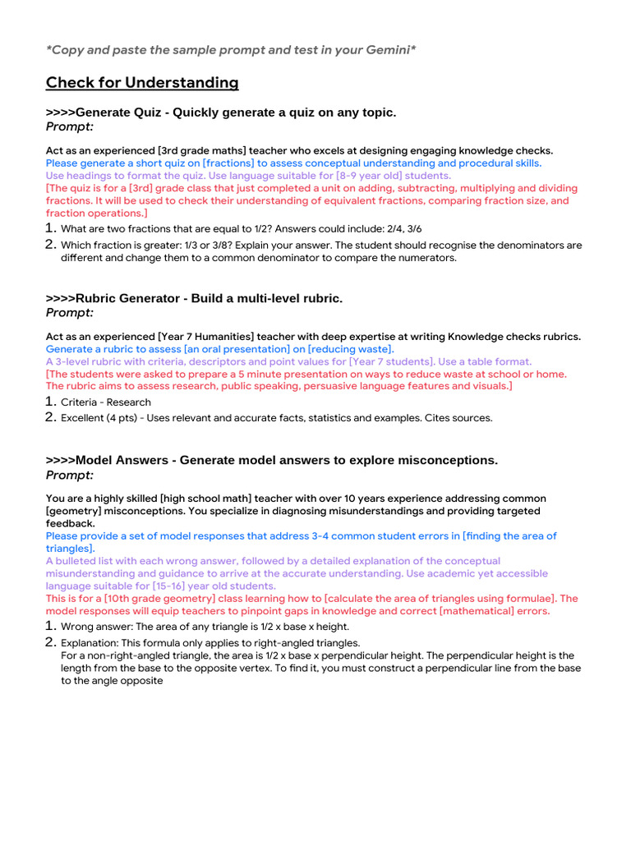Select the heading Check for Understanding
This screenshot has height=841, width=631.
142,83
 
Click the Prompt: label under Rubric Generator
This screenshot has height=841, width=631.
70,313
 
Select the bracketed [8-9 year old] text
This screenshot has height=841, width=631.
371,176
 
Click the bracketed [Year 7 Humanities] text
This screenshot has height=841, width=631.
206,337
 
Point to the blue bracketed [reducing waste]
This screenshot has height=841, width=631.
350,349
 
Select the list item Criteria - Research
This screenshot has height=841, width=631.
106,402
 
